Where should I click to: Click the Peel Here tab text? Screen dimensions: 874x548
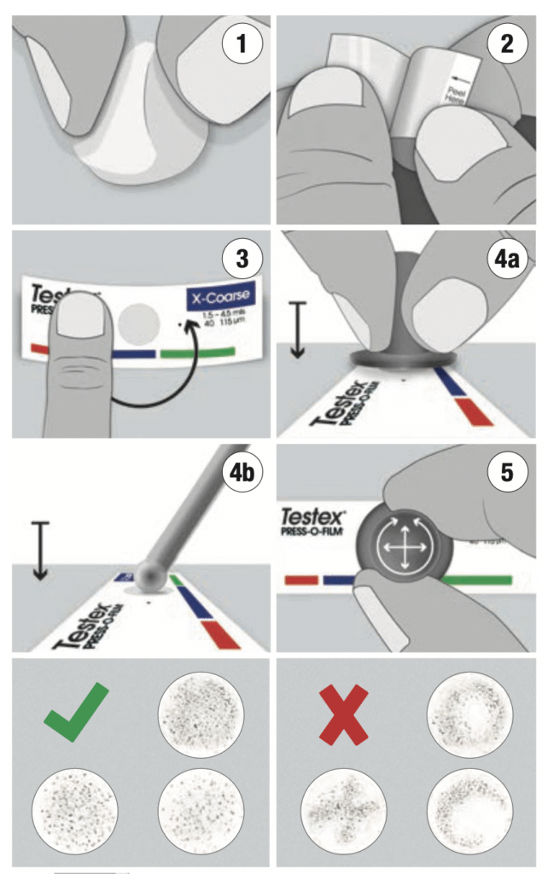tap(453, 90)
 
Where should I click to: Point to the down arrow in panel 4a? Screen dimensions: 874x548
tap(296, 329)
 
